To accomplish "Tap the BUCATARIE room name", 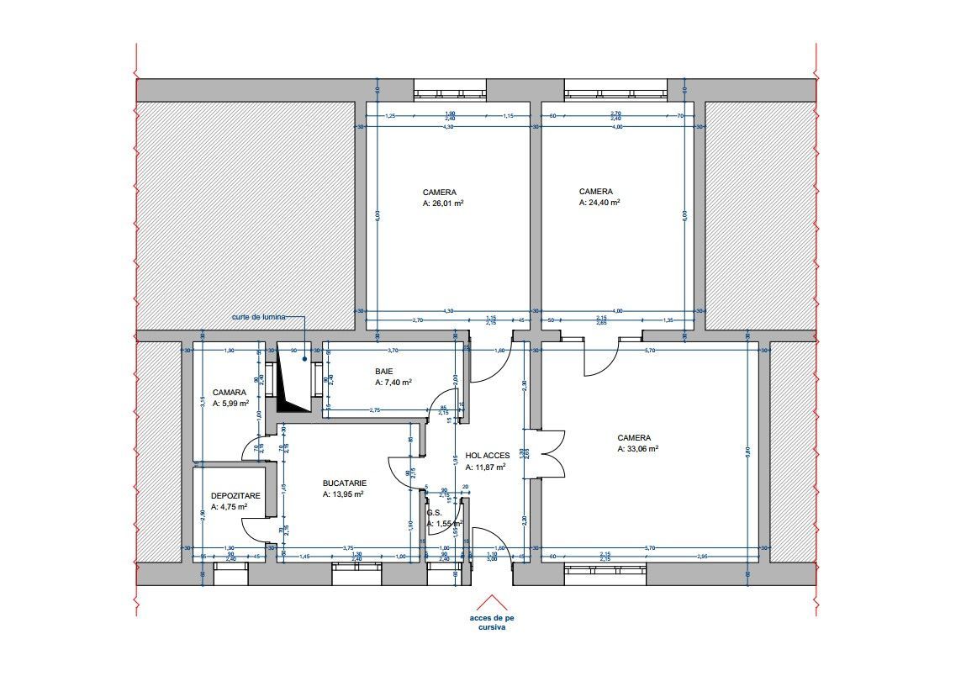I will point(345,483).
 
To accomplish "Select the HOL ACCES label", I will point(488,456).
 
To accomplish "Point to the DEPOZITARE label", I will point(235,496).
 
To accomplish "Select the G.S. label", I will point(434,513).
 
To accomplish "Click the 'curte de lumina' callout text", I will point(259,318).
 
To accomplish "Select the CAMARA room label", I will point(230,393).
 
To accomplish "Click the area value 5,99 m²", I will point(231,404).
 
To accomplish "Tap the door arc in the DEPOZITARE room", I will point(252,530).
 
